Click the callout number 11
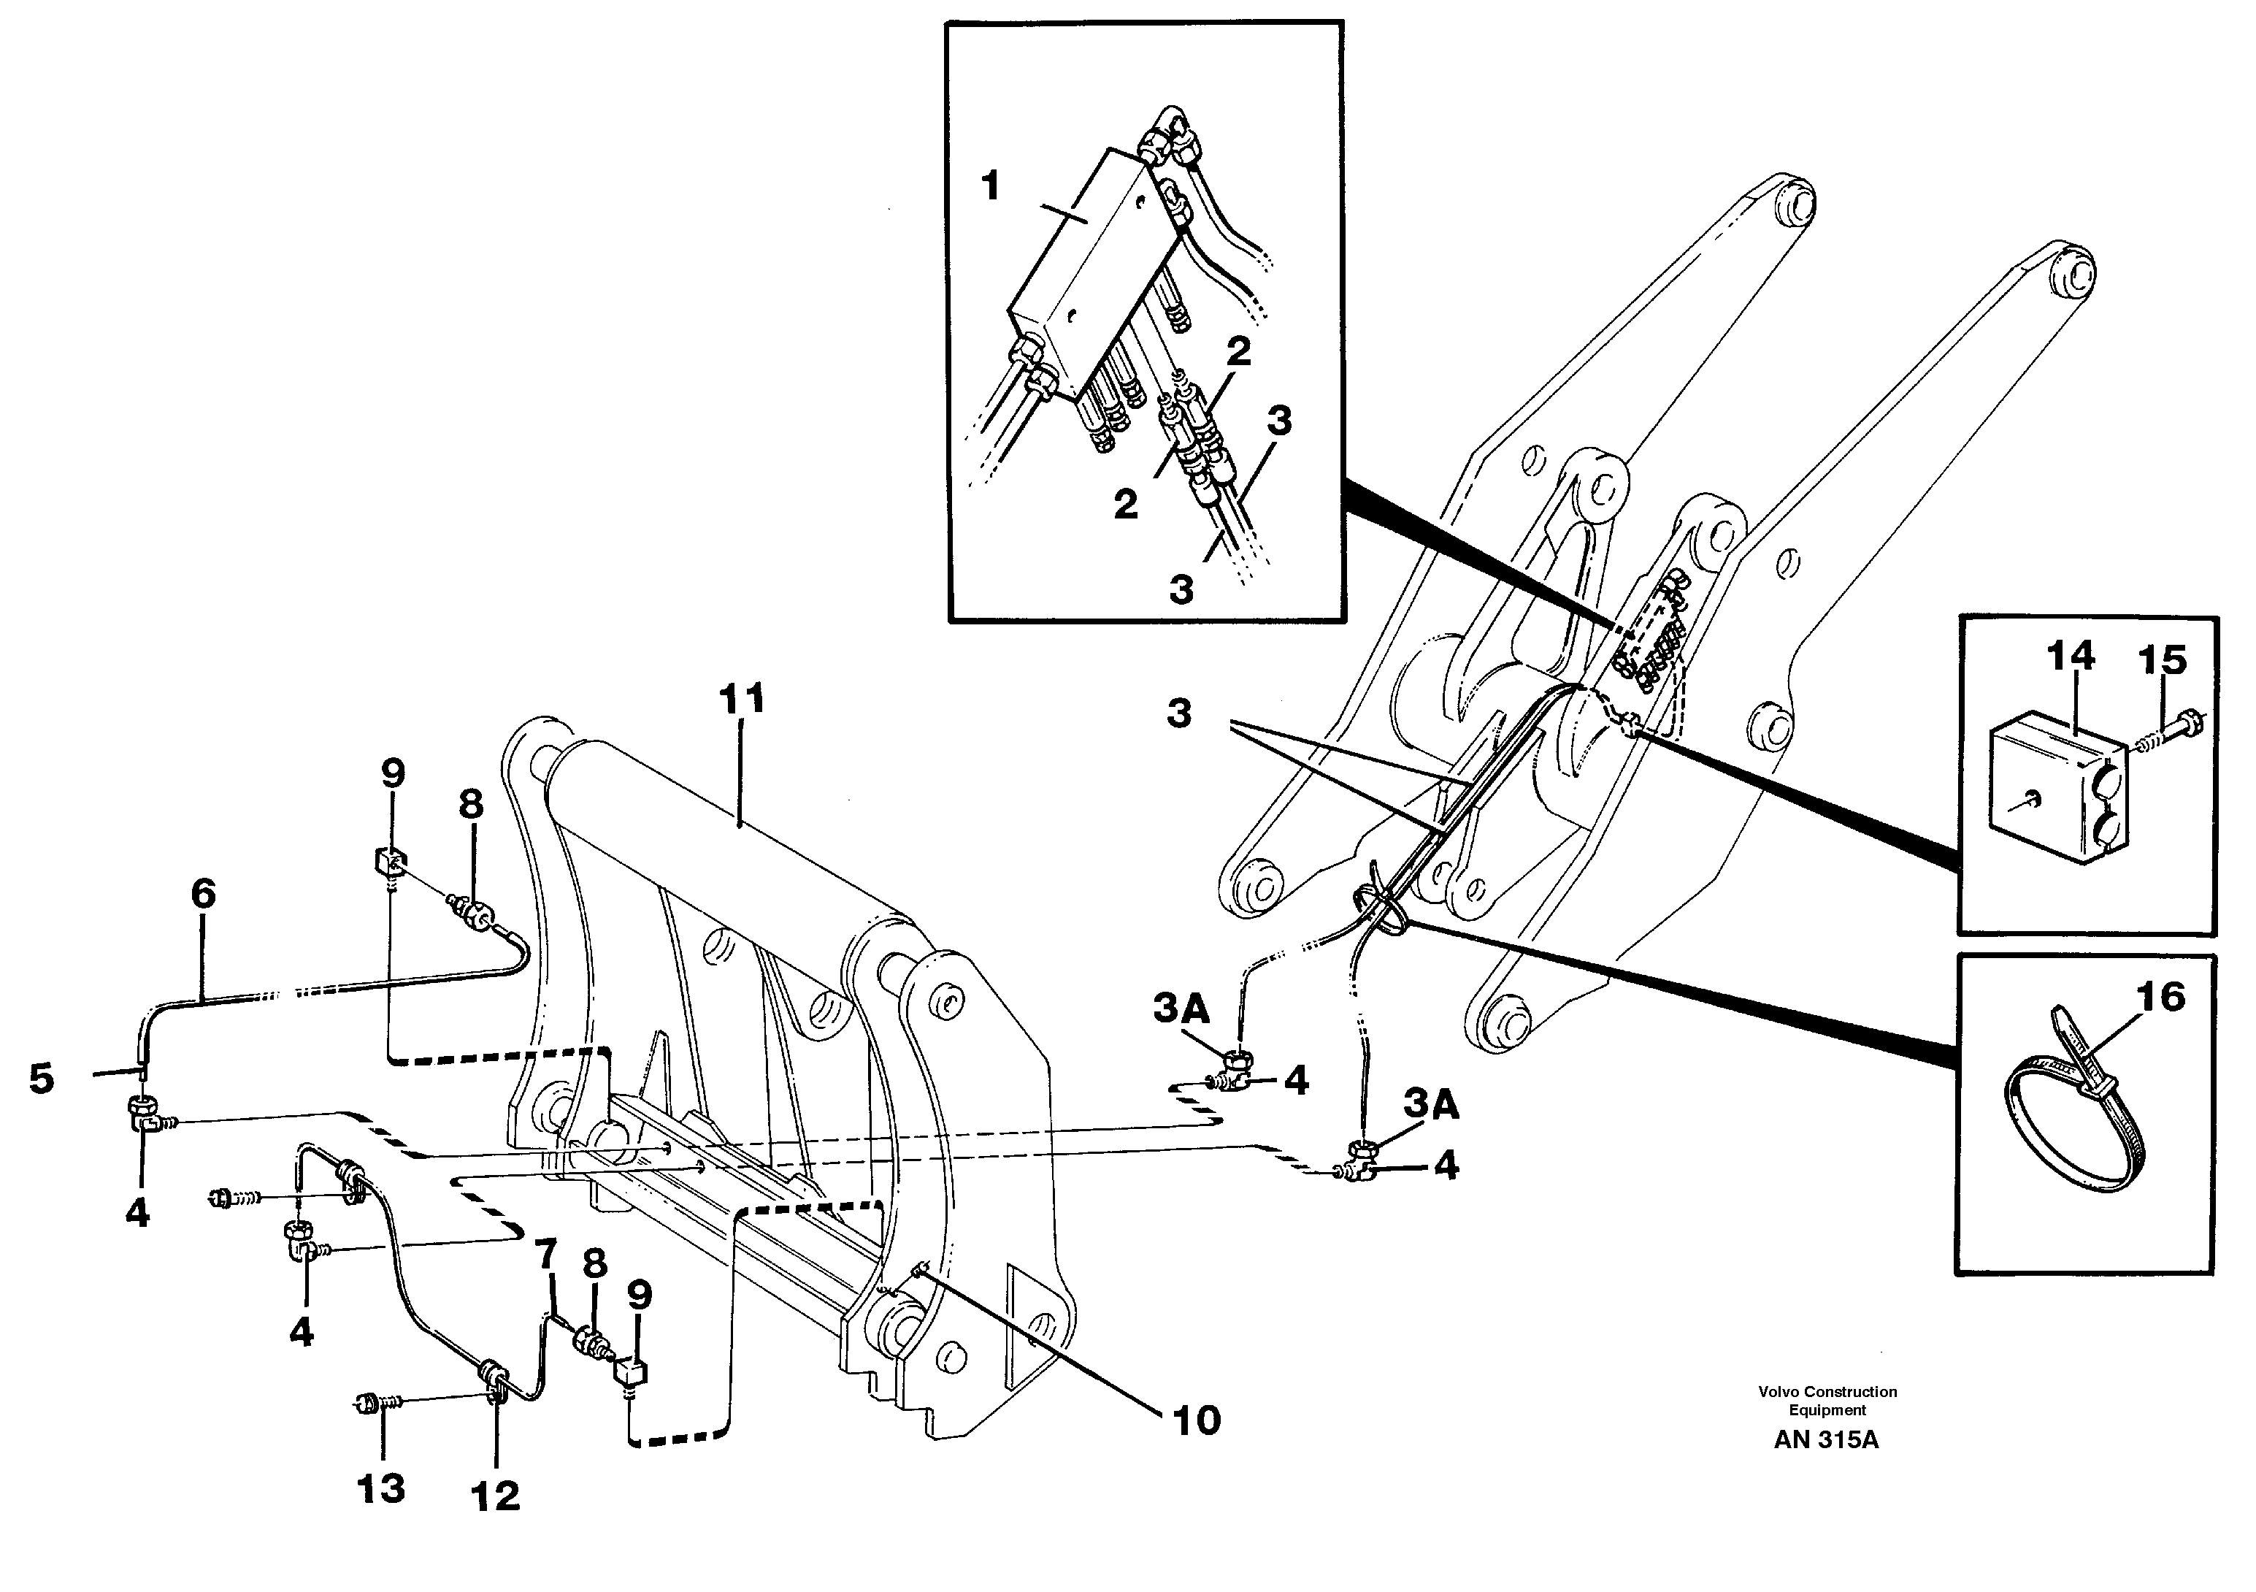tap(741, 700)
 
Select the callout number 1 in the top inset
tap(991, 185)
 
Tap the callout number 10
tap(1196, 1420)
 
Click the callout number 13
tap(381, 1489)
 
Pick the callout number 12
tap(495, 1496)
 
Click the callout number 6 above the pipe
tap(202, 893)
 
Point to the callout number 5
tap(42, 1078)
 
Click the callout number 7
tap(545, 1253)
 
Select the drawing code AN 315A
tap(1826, 1441)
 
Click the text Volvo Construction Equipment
tap(1827, 1401)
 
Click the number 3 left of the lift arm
tap(1179, 713)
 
